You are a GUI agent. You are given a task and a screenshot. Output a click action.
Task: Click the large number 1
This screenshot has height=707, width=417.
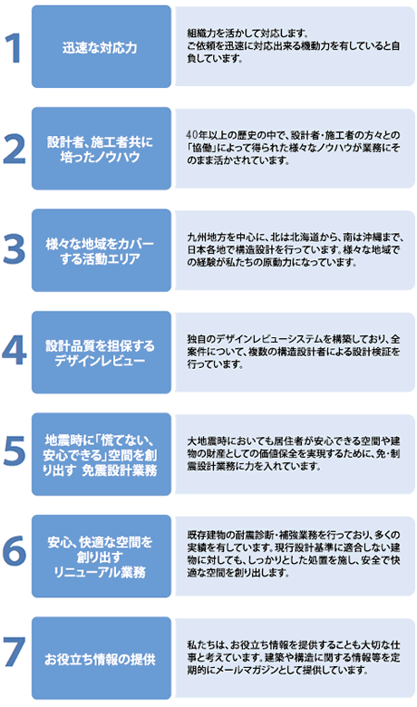click(x=14, y=48)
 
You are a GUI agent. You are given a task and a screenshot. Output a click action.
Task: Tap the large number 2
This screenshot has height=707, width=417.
click(x=14, y=150)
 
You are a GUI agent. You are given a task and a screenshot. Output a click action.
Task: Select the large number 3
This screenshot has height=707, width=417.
click(x=14, y=250)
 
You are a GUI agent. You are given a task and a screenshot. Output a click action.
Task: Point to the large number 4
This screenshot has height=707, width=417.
click(x=14, y=352)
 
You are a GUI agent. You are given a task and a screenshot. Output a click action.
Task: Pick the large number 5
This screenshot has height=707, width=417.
click(x=14, y=452)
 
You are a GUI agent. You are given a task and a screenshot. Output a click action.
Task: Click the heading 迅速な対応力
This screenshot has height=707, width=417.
click(x=100, y=48)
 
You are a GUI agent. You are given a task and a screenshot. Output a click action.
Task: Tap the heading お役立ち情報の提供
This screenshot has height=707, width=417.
click(x=100, y=659)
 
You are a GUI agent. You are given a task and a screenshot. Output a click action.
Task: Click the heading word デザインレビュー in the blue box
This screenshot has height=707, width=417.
click(x=100, y=361)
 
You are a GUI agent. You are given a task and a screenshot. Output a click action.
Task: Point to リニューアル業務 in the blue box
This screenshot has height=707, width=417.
click(x=100, y=572)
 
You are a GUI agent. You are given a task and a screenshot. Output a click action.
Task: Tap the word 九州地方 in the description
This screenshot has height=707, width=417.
click(x=202, y=237)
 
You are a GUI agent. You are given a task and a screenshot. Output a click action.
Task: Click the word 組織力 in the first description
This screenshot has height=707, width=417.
click(x=199, y=33)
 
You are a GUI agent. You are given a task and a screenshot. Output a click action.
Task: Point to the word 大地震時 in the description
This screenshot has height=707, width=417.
click(x=202, y=441)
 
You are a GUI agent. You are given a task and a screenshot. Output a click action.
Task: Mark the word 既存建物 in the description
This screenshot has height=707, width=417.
click(x=202, y=535)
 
